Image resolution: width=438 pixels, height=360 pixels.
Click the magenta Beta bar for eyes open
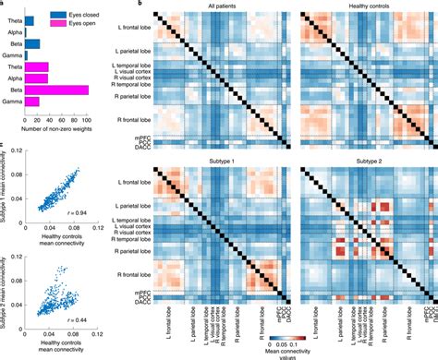point(57,90)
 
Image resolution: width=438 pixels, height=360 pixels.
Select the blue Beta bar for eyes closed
point(31,43)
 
